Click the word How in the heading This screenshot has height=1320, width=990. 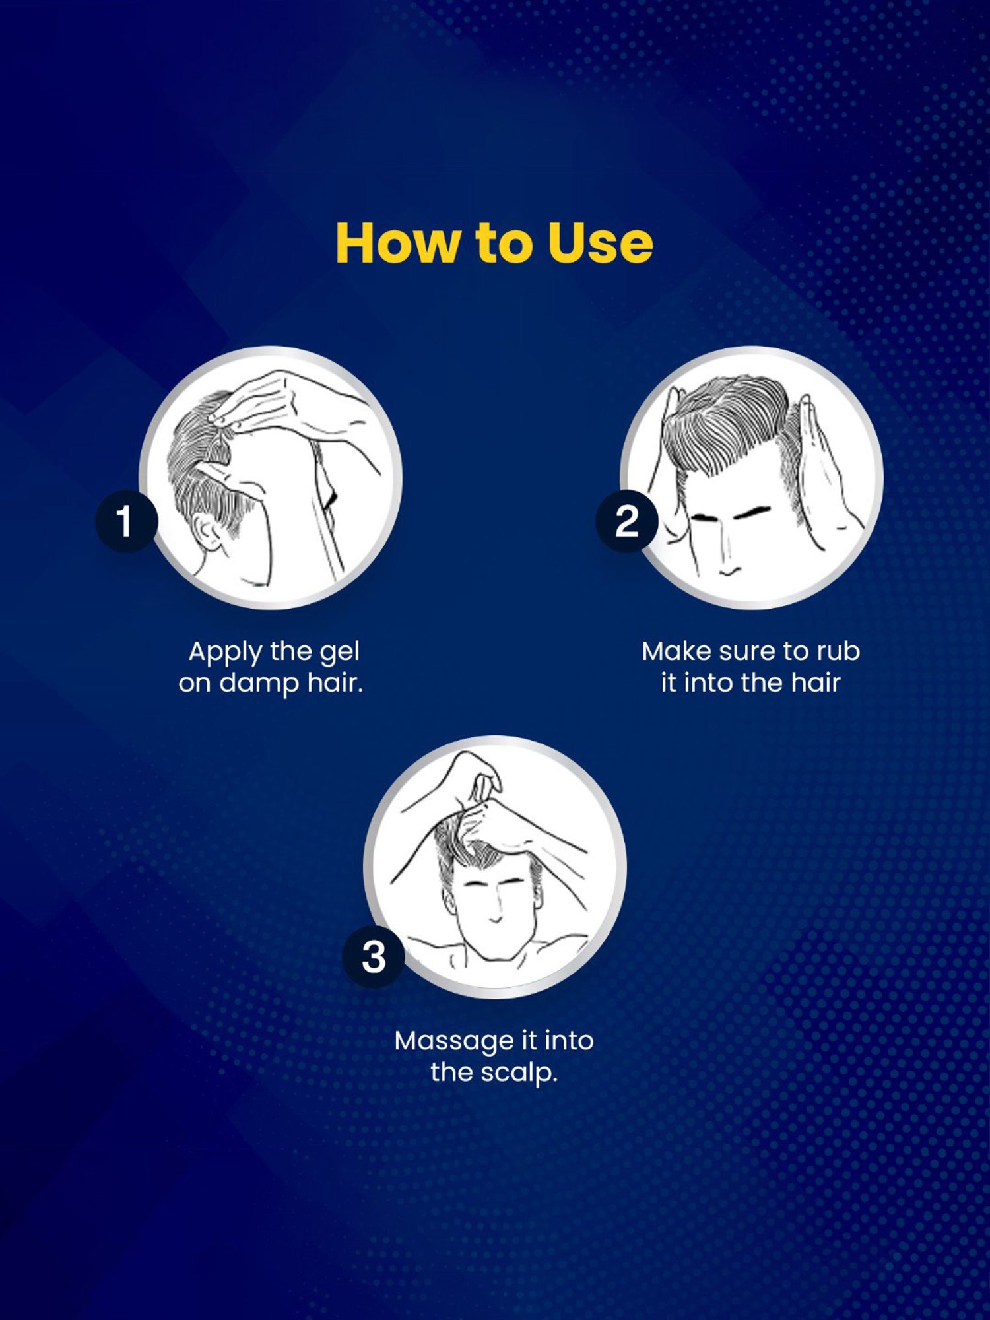click(x=397, y=243)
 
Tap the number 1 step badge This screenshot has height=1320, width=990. click(x=127, y=521)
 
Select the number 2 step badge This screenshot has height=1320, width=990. click(x=627, y=521)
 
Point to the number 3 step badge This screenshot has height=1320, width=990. click(x=374, y=956)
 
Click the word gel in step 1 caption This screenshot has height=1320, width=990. click(x=339, y=653)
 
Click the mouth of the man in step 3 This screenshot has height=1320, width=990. click(x=494, y=920)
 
